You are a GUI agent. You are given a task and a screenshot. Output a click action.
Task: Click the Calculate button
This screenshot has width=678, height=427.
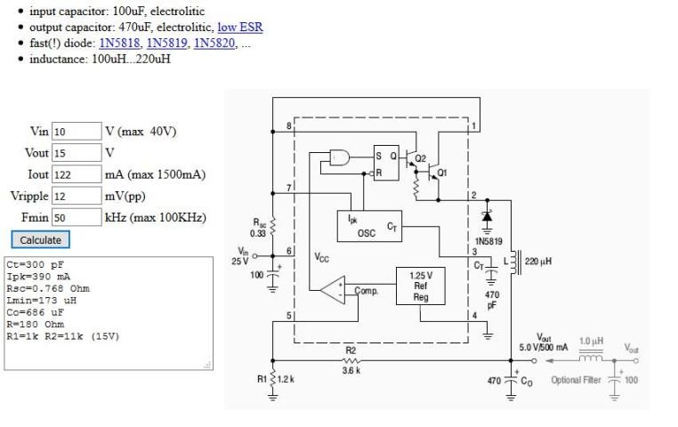[41, 239]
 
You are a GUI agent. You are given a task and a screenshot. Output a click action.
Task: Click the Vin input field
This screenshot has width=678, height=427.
[76, 132]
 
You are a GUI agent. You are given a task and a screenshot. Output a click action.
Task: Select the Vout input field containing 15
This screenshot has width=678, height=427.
[76, 153]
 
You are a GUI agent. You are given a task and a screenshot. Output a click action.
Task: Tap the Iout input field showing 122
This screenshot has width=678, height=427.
[76, 174]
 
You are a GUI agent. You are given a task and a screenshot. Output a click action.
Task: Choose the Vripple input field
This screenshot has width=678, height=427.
[76, 196]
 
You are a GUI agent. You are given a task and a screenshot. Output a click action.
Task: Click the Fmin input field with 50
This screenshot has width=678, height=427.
[76, 217]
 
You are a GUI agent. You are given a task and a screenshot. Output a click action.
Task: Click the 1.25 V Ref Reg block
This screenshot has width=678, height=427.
[420, 287]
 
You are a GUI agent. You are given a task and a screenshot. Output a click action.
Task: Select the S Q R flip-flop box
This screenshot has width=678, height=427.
[385, 163]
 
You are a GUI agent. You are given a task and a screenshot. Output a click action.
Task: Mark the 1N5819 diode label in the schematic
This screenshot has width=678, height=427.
[488, 240]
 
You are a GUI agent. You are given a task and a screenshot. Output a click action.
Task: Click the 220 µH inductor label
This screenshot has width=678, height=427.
[538, 262]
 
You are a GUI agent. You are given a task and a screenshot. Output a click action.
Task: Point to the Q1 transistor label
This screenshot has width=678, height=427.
[442, 173]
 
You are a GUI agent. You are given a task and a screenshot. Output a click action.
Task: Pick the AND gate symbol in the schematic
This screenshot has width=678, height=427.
[340, 157]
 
